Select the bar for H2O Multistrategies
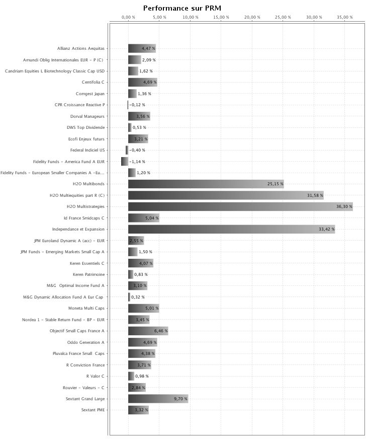[240, 206]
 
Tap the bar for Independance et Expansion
[231, 229]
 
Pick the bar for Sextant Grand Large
[158, 399]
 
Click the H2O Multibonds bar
[206, 184]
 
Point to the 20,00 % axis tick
[252, 17]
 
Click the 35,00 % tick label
[344, 17]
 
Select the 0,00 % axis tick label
[128, 17]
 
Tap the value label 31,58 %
[315, 195]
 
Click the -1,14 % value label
[137, 162]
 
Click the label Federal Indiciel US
[87, 150]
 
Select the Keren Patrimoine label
[88, 274]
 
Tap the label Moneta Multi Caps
[86, 308]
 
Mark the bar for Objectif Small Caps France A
[148, 331]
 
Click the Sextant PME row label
[93, 410]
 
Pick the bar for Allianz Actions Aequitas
[142, 48]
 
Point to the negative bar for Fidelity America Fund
[125, 162]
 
